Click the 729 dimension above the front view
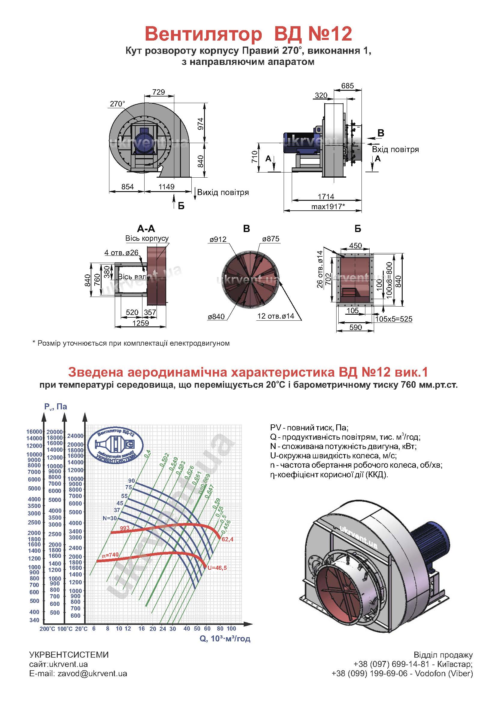159,92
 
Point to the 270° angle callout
117,104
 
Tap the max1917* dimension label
328,206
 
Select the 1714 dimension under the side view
326,196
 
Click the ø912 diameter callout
218,239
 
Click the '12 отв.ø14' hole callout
276,316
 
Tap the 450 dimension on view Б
355,245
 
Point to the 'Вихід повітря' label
223,192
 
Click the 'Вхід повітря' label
395,149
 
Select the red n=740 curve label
110,555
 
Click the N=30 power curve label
110,518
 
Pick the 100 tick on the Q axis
231,628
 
